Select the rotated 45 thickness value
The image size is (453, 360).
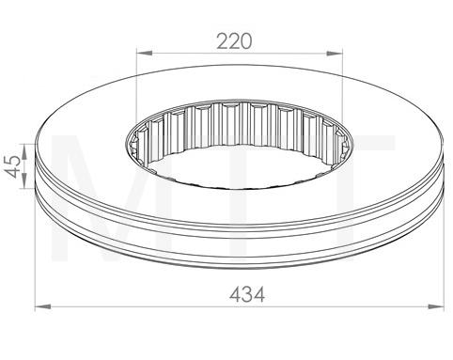click(x=13, y=166)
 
